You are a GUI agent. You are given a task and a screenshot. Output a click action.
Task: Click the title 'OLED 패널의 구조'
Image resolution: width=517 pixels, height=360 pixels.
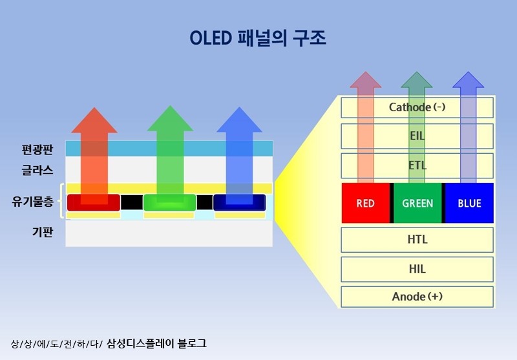(x=258, y=38)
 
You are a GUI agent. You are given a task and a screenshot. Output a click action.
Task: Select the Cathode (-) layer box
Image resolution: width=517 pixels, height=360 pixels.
(x=417, y=107)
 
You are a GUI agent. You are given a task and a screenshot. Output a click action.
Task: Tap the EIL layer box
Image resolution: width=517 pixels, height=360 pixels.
(x=417, y=136)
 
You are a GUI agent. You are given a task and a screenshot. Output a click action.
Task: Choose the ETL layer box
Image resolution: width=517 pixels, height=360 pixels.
(x=417, y=165)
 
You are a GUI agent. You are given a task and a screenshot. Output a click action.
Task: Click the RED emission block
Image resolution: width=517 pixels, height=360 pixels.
(x=365, y=203)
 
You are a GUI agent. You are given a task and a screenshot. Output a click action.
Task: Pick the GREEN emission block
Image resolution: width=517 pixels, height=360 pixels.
(x=417, y=203)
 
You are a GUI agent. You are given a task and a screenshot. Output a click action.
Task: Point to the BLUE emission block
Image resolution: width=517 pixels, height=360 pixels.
(x=469, y=203)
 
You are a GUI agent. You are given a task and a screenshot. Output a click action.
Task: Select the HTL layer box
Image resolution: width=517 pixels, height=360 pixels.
(x=417, y=240)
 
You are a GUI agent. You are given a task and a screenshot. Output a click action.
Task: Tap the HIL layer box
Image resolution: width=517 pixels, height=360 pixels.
(x=417, y=269)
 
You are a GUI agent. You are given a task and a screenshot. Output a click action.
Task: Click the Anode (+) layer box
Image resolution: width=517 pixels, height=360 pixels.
(x=417, y=297)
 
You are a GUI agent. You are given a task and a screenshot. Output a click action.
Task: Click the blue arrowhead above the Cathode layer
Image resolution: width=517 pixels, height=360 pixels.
(x=469, y=81)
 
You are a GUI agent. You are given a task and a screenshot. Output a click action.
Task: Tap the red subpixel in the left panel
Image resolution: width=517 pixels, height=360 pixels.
(x=94, y=202)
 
